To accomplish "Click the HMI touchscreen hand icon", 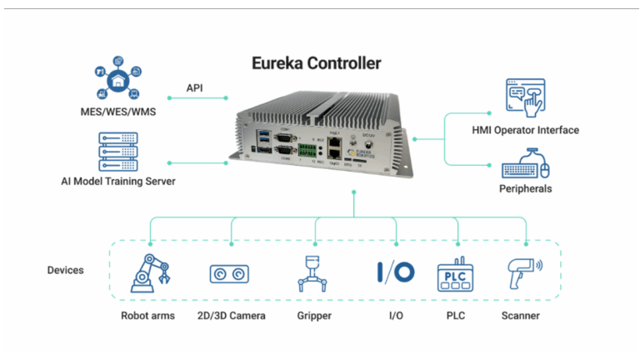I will pyautogui.click(x=525, y=98).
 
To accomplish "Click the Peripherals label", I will pyautogui.click(x=526, y=189).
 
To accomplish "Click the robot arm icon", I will pyautogui.click(x=151, y=272).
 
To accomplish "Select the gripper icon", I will pyautogui.click(x=314, y=273).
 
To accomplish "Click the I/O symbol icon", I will pyautogui.click(x=395, y=272).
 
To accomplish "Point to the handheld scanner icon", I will pyautogui.click(x=523, y=273).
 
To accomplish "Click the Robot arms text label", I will pyautogui.click(x=147, y=316).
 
